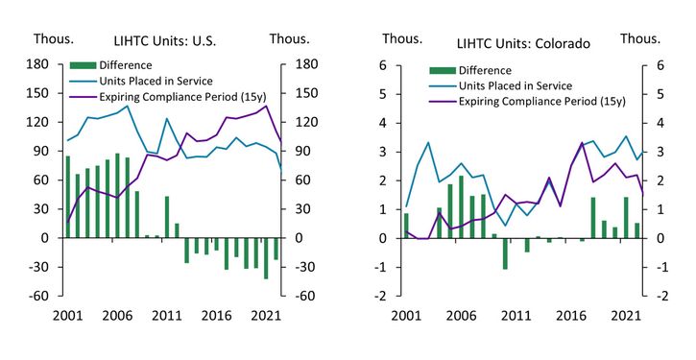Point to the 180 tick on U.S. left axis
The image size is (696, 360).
click(38, 65)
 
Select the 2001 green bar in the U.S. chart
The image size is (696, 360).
click(67, 197)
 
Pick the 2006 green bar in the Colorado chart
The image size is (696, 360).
click(460, 206)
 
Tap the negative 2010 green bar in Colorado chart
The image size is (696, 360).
click(505, 253)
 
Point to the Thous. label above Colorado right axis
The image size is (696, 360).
click(640, 38)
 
